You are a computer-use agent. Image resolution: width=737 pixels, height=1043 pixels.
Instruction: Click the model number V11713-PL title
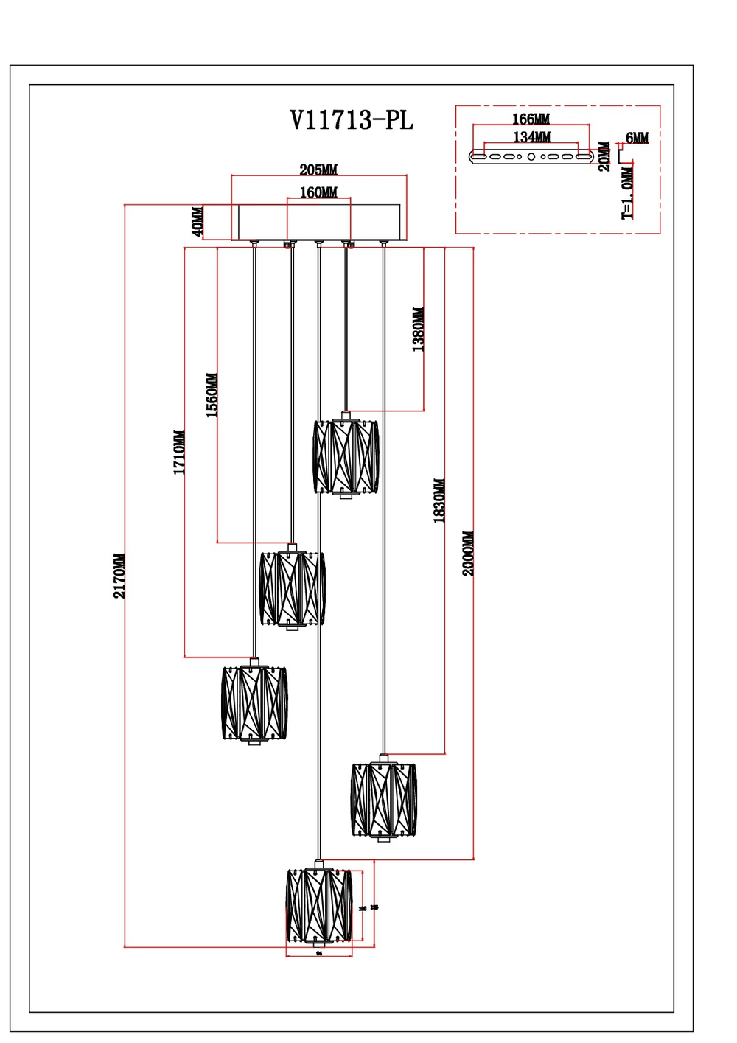[x=352, y=120]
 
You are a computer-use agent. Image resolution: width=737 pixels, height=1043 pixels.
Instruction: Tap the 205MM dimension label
[x=318, y=170]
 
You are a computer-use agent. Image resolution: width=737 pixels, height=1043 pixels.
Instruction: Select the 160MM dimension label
[x=318, y=192]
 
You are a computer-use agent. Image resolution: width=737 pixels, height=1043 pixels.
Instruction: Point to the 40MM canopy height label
[x=198, y=222]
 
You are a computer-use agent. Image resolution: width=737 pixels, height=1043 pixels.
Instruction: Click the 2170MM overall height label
[x=119, y=576]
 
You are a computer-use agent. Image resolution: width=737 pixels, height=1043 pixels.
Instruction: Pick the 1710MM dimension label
[x=179, y=453]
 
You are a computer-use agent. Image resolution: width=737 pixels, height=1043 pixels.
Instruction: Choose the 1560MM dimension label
[x=212, y=395]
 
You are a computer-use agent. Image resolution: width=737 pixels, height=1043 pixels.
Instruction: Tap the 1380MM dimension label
[x=418, y=329]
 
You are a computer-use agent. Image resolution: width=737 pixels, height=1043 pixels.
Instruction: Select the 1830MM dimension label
[x=439, y=501]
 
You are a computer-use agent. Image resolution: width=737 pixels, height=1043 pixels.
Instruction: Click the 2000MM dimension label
[x=469, y=554]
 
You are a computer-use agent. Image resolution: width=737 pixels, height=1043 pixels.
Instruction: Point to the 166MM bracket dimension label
[x=531, y=119]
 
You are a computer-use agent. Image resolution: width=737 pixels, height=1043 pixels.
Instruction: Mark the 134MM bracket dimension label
[x=531, y=137]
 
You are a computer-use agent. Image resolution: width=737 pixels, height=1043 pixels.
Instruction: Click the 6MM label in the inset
[x=637, y=138]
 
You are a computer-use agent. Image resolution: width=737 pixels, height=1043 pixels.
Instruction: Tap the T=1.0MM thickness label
[x=627, y=193]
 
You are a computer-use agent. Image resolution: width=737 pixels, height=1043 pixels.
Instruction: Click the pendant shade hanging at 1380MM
[x=345, y=456]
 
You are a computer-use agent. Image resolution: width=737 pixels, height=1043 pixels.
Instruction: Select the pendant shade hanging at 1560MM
[x=292, y=588]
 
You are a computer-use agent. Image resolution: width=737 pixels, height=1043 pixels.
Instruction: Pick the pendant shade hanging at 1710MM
[x=254, y=703]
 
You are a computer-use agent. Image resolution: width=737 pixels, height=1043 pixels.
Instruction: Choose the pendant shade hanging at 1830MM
[x=383, y=800]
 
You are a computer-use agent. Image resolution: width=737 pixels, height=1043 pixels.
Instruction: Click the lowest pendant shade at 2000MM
[x=319, y=906]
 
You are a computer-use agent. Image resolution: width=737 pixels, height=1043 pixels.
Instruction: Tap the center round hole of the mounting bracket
[x=531, y=156]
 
